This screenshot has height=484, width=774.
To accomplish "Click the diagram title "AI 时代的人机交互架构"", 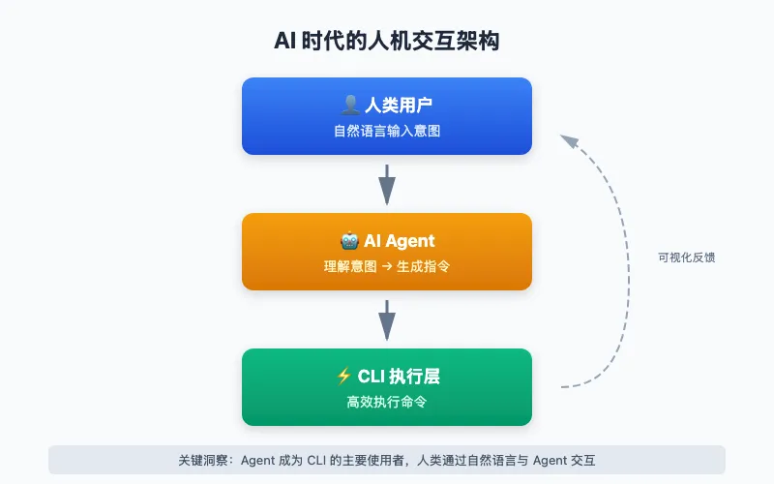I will (387, 42).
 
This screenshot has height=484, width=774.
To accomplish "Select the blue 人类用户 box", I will (387, 116).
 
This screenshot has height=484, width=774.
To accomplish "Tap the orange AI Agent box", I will (387, 252).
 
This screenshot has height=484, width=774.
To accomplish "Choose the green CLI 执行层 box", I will (387, 387).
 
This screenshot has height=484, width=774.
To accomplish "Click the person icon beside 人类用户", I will (350, 105).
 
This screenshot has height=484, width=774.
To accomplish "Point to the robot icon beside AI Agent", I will (349, 240).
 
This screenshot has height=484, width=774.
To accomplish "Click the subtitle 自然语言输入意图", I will (387, 131).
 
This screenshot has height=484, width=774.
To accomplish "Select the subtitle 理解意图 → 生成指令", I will (387, 266).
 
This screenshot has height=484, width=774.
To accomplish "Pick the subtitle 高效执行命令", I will (387, 402).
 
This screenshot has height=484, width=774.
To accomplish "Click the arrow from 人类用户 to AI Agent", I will (387, 184).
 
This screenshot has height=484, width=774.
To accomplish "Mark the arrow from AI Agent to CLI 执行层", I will (387, 319).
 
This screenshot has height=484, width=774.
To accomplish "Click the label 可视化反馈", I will (686, 257).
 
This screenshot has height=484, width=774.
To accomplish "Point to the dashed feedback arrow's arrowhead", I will (568, 141).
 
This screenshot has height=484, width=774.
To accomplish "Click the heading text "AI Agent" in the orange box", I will (400, 241).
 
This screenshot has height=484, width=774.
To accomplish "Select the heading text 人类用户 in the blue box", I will (399, 106).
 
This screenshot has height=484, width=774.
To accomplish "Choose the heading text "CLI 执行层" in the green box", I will (400, 377).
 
